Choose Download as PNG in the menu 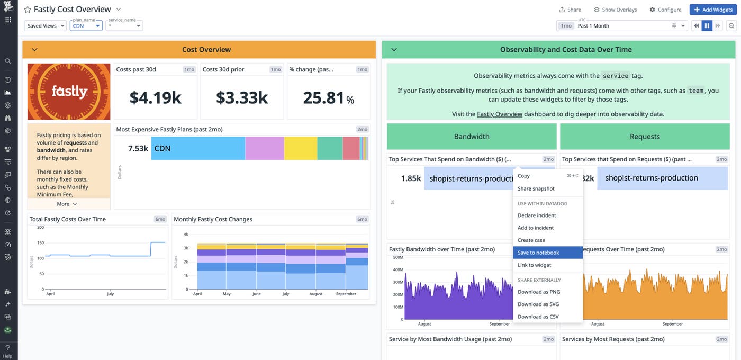point(539,292)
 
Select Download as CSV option point(538,317)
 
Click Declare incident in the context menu point(537,215)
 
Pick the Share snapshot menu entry point(536,188)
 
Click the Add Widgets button point(712,10)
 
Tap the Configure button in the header point(665,10)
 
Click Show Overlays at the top point(615,10)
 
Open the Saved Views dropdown point(46,26)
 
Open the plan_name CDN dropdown point(86,26)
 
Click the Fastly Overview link point(499,114)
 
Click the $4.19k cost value point(156,97)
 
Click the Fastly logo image point(69,92)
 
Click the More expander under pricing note point(67,204)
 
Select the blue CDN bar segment point(198,148)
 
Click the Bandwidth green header point(472,137)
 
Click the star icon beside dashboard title point(28,10)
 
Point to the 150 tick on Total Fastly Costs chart point(40,243)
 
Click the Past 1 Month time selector point(622,26)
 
